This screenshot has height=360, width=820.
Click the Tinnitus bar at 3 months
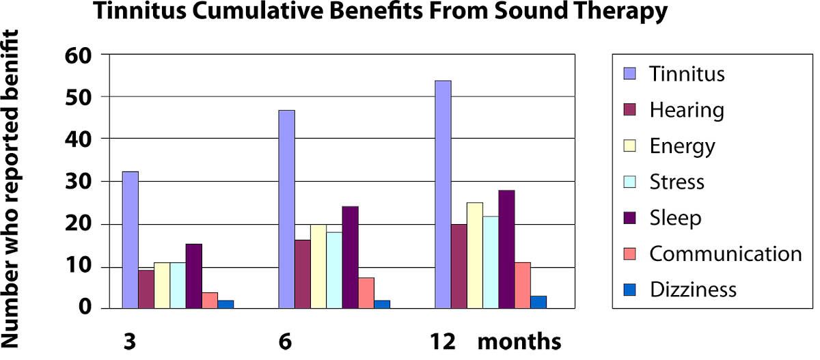coord(131,240)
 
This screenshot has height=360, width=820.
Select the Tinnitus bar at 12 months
coord(443,195)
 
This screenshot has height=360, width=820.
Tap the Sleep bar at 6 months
coord(351,257)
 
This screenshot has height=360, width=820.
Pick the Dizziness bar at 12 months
coord(538,302)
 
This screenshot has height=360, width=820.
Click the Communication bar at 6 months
coord(366,292)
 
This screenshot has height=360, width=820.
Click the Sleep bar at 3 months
coord(194,276)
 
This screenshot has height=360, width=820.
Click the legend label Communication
coord(726,253)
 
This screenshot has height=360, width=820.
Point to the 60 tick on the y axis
coord(80,54)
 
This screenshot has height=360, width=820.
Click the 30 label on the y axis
coord(80,182)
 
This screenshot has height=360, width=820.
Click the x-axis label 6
coord(286,341)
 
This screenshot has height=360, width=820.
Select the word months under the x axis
coord(519,340)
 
